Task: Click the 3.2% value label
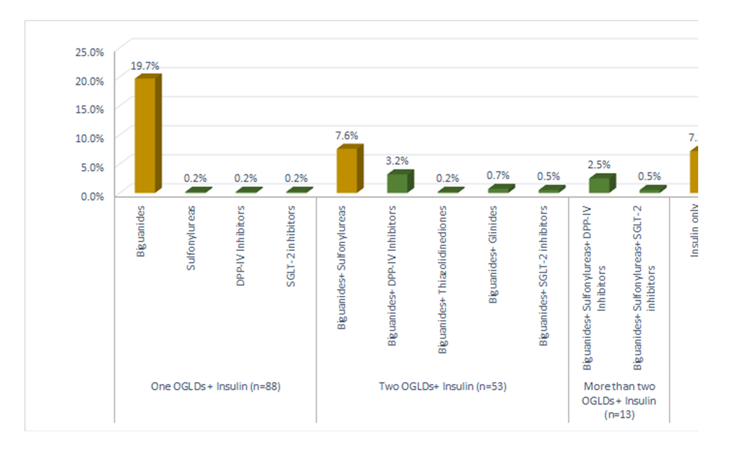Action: pos(397,161)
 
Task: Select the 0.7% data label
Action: pos(498,175)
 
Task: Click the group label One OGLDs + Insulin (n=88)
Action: pos(216,386)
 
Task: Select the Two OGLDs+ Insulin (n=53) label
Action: pos(443,386)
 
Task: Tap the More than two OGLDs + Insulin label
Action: pos(619,400)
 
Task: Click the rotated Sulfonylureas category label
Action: pos(192,238)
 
